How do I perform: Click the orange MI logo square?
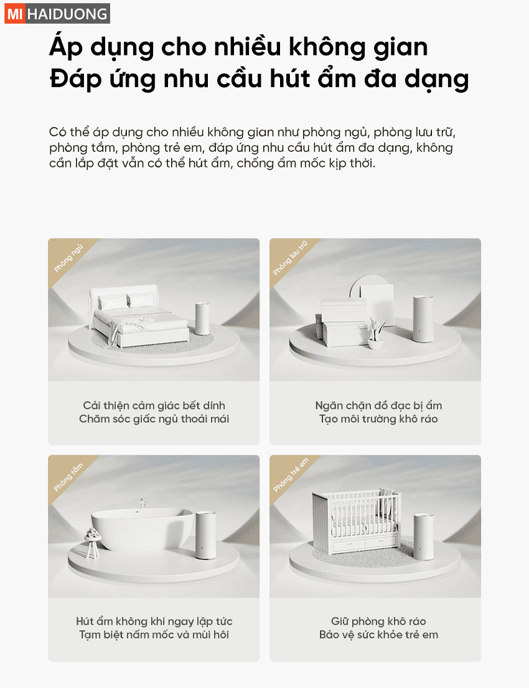(x=14, y=14)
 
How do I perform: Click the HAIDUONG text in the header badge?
(x=67, y=14)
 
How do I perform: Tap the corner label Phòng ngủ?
(x=68, y=258)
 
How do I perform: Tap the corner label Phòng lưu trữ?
(x=291, y=258)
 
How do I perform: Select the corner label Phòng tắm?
(x=68, y=477)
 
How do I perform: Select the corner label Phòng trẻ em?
(x=291, y=475)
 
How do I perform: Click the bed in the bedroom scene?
(x=139, y=316)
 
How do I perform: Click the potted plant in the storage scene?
(x=376, y=332)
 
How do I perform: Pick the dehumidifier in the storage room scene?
(x=423, y=319)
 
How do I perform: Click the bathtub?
(x=142, y=528)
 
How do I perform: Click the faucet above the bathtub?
(x=141, y=504)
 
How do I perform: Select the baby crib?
(x=356, y=521)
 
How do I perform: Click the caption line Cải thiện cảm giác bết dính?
(x=154, y=405)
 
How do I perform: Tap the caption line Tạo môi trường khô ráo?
(x=378, y=418)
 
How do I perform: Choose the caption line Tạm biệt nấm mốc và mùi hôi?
(x=154, y=634)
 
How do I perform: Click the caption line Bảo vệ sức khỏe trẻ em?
(x=378, y=634)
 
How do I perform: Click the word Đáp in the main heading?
(x=75, y=80)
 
